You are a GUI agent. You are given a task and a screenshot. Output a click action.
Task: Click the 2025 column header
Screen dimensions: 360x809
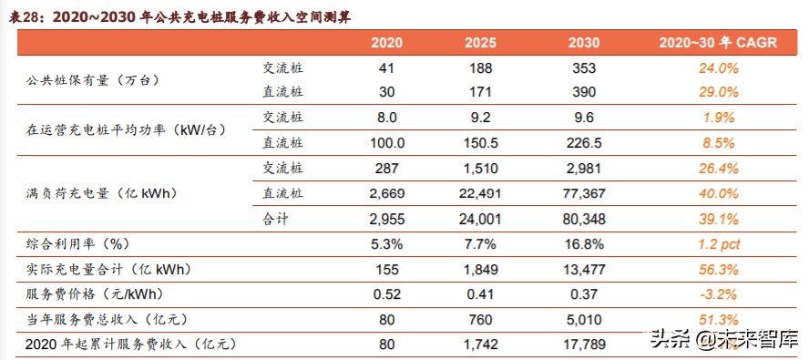(479, 43)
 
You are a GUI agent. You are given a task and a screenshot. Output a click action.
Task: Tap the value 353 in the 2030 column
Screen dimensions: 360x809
(583, 68)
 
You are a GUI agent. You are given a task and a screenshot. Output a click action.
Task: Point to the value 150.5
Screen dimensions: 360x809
(479, 142)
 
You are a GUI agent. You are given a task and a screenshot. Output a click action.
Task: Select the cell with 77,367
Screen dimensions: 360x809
(583, 193)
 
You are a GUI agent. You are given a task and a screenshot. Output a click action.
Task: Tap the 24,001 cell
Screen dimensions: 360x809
(479, 219)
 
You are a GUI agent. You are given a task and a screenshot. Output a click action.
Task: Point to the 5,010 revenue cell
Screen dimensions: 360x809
(583, 319)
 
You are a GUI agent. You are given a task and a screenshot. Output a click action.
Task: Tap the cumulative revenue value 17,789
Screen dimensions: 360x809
(583, 344)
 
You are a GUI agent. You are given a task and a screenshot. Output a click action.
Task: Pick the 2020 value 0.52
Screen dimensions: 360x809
(388, 293)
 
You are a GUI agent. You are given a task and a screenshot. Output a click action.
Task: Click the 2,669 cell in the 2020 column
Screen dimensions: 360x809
(388, 193)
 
